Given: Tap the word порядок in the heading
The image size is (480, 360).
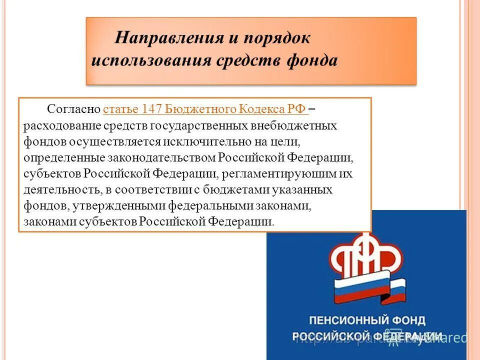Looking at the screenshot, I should [277, 38].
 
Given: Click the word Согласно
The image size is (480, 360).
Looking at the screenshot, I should [74, 109].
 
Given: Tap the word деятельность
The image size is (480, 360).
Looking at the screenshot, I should [62, 190].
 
